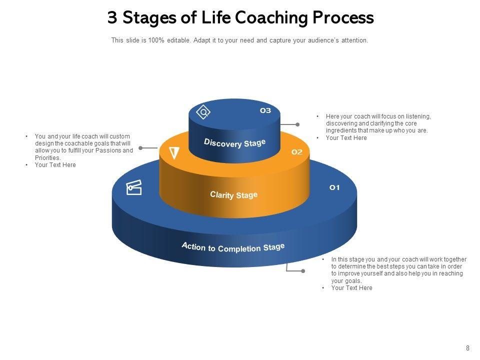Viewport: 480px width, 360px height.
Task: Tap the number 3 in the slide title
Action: [x=112, y=18]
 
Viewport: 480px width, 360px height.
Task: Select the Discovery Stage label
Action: [x=234, y=143]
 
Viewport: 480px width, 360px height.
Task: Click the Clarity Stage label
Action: [x=234, y=194]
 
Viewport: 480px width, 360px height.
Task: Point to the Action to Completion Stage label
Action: [x=233, y=247]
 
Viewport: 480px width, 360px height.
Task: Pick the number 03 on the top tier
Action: [x=265, y=110]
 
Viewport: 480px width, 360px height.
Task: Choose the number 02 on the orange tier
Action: [x=297, y=152]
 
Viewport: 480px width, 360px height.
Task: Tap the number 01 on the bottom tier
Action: [x=334, y=187]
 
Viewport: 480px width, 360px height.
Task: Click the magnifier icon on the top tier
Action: [x=204, y=112]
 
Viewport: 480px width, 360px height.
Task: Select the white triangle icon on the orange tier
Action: [x=174, y=153]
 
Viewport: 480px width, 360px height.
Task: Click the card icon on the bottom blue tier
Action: [x=134, y=188]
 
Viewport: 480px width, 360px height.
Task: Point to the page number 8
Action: [x=467, y=348]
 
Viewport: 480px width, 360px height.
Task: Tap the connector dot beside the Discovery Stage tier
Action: [x=297, y=124]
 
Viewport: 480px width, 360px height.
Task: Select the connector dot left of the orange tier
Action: [x=140, y=148]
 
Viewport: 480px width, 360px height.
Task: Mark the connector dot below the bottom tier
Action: [x=303, y=271]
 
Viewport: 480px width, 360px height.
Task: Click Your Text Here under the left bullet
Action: [x=55, y=164]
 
